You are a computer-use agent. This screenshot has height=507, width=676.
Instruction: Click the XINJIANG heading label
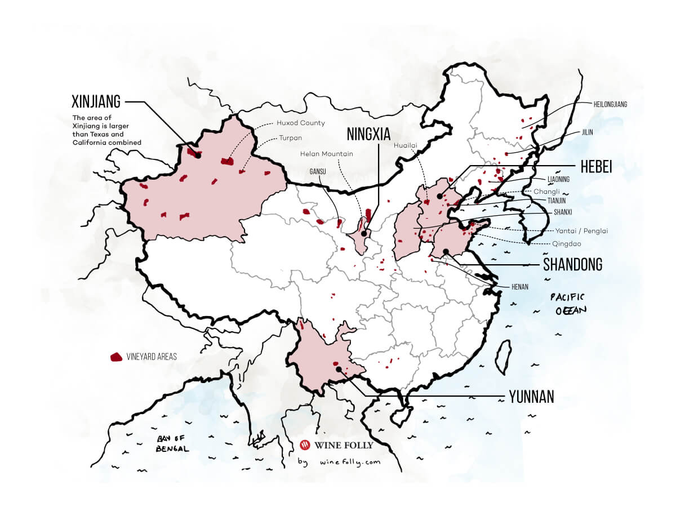[96, 102]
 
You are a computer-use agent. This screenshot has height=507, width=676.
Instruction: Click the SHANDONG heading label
[572, 264]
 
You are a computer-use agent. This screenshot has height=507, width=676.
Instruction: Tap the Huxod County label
[300, 123]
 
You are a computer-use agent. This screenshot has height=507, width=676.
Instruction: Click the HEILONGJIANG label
[610, 104]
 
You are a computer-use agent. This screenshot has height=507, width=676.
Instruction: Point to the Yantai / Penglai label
[582, 231]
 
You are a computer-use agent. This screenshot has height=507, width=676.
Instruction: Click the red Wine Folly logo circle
[306, 445]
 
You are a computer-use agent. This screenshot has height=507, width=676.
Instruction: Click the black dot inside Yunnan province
[339, 370]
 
